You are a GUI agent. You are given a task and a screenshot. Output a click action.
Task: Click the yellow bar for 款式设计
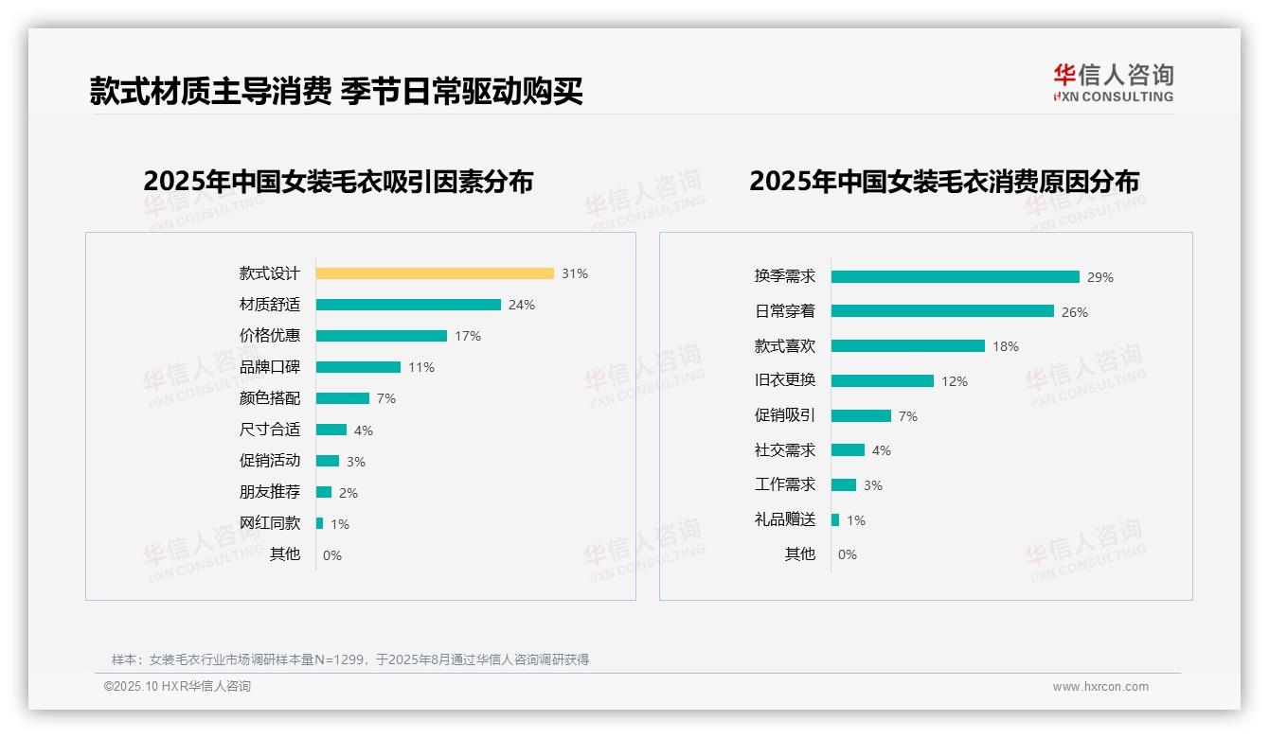pyautogui.click(x=435, y=273)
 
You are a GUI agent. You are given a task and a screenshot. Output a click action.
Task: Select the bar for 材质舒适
pyautogui.click(x=408, y=305)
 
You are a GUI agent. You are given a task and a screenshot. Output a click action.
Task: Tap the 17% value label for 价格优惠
pyautogui.click(x=468, y=336)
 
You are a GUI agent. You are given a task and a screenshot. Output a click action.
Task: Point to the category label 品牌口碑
pyautogui.click(x=270, y=367)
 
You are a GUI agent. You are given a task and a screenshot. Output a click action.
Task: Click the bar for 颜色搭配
pyautogui.click(x=343, y=398)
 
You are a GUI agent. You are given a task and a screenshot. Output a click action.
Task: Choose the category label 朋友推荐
pyautogui.click(x=270, y=492)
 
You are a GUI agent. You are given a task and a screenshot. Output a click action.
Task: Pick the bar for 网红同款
pyautogui.click(x=320, y=523)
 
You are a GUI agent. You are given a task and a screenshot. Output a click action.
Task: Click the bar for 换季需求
pyautogui.click(x=955, y=277)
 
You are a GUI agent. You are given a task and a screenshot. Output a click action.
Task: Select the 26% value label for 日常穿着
pyautogui.click(x=1075, y=312)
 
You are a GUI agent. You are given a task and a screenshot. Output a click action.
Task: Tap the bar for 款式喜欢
pyautogui.click(x=908, y=346)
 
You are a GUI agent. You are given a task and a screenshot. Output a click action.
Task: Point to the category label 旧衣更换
pyautogui.click(x=785, y=380)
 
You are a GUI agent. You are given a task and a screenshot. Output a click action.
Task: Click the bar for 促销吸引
pyautogui.click(x=861, y=415)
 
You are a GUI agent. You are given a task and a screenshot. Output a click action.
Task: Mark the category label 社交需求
pyautogui.click(x=785, y=450)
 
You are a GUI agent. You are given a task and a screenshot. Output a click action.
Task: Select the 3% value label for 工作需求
pyautogui.click(x=872, y=485)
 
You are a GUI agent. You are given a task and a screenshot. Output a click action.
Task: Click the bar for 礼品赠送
pyautogui.click(x=835, y=519)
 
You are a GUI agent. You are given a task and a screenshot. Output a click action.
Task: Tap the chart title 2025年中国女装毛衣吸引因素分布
pyautogui.click(x=338, y=182)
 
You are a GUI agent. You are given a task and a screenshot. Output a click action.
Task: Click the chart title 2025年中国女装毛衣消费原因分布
pyautogui.click(x=943, y=182)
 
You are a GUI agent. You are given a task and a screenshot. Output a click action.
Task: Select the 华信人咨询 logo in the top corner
pyautogui.click(x=1113, y=82)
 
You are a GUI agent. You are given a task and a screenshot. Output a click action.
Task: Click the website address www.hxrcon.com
pyautogui.click(x=1099, y=687)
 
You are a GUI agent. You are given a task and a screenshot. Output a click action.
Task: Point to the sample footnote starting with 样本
pyautogui.click(x=350, y=659)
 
